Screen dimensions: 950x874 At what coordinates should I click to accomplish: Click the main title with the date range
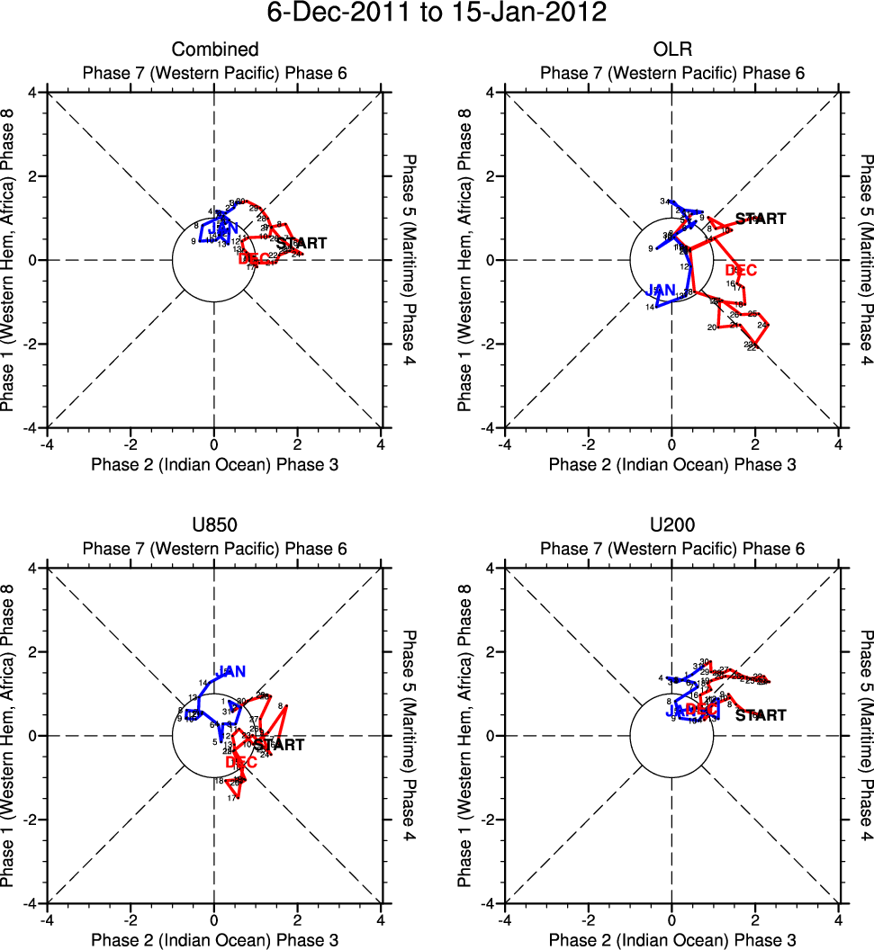[x=437, y=13]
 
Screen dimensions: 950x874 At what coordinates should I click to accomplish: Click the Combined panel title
[x=215, y=49]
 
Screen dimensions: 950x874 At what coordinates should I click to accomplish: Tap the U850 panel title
[x=215, y=525]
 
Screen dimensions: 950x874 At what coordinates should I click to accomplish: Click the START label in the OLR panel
[x=761, y=219]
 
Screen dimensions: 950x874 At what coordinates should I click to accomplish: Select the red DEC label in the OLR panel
[x=741, y=270]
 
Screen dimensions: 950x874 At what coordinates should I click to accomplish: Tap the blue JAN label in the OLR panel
[x=662, y=290]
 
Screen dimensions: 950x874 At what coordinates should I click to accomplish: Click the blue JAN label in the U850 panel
[x=231, y=671]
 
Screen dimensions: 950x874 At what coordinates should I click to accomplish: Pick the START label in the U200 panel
[x=761, y=715]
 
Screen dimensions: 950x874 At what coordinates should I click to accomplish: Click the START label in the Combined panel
[x=302, y=243]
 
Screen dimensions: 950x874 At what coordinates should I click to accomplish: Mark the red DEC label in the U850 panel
[x=241, y=762]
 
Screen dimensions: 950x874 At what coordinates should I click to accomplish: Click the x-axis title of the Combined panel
[x=215, y=463]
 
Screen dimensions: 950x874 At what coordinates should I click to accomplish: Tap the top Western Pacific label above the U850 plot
[x=215, y=549]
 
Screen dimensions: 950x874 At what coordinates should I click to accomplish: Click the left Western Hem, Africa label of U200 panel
[x=464, y=735]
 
